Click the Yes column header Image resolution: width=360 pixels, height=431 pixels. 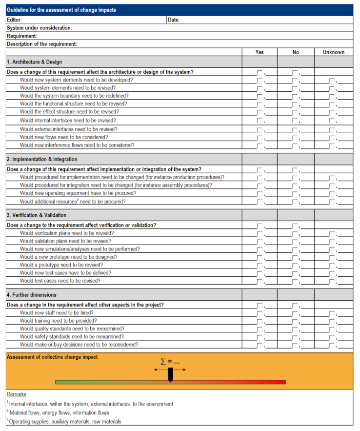click(x=260, y=52)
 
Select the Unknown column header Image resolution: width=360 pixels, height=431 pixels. click(x=333, y=52)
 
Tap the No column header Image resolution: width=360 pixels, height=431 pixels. click(x=296, y=52)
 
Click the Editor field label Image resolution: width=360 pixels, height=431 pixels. click(x=14, y=20)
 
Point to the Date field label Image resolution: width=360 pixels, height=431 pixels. click(x=174, y=20)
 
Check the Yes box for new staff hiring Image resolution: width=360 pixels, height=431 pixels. click(x=260, y=313)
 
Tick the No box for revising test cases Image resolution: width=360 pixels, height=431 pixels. click(x=295, y=282)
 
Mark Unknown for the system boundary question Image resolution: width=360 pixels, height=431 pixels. click(x=332, y=97)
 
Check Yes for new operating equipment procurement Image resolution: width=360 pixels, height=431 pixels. click(x=260, y=194)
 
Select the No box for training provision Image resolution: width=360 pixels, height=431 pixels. click(x=295, y=322)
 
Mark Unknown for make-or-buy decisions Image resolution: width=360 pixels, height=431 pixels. click(x=332, y=346)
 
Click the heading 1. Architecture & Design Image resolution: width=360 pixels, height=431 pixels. click(x=34, y=62)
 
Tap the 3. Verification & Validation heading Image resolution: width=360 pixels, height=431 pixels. click(x=37, y=215)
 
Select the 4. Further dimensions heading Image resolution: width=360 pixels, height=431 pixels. click(x=32, y=295)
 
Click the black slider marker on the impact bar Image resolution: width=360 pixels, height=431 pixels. click(x=170, y=375)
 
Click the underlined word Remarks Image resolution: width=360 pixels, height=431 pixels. click(x=16, y=394)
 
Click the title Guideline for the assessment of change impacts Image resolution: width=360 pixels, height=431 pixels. click(x=61, y=10)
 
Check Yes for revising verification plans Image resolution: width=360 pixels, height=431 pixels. click(x=260, y=234)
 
